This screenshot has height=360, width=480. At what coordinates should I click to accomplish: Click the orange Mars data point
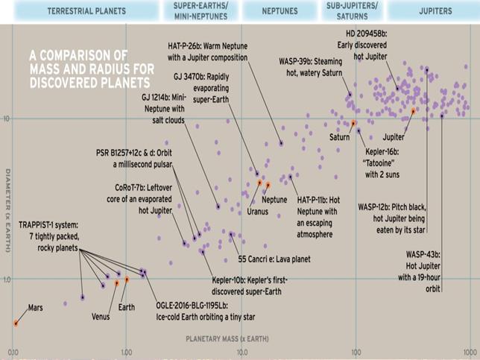(x=16, y=323)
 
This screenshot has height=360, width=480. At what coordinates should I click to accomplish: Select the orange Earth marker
(x=127, y=280)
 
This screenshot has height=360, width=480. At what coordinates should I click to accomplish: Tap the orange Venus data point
(x=116, y=282)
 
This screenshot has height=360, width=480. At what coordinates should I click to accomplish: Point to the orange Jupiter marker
(x=413, y=111)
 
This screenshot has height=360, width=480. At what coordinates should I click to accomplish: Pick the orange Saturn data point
(x=354, y=123)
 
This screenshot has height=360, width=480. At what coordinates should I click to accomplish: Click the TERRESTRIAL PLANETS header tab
(x=86, y=12)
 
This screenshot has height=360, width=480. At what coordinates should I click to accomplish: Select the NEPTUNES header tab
(x=280, y=12)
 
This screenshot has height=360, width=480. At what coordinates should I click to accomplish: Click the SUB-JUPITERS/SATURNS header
(x=352, y=12)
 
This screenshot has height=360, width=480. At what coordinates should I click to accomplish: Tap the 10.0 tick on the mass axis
(x=241, y=350)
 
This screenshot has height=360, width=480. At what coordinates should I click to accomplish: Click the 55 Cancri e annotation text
(x=262, y=259)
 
